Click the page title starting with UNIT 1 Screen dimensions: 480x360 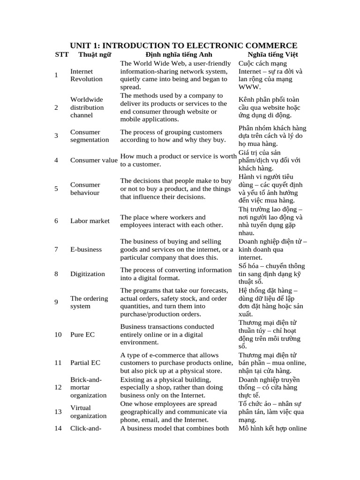184,45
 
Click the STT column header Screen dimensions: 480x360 61,54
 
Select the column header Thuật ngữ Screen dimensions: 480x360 95,54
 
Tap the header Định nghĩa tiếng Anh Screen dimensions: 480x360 176,54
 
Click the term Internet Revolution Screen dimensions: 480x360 86,75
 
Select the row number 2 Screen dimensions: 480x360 56,107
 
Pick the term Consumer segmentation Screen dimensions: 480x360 90,136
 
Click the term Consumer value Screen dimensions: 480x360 94,160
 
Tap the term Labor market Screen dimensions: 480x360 90,221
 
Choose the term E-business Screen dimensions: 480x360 86,249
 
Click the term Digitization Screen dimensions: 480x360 88,274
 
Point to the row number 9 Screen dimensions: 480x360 56,302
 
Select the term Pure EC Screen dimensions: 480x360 82,335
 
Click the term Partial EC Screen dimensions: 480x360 85,363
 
